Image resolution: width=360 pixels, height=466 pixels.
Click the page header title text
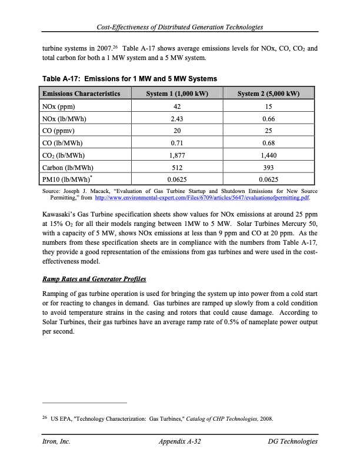180,28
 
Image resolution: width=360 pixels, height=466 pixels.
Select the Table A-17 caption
129,78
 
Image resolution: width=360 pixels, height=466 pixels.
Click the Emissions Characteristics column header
81,94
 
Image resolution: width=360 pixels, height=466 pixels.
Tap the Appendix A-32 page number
180,441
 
